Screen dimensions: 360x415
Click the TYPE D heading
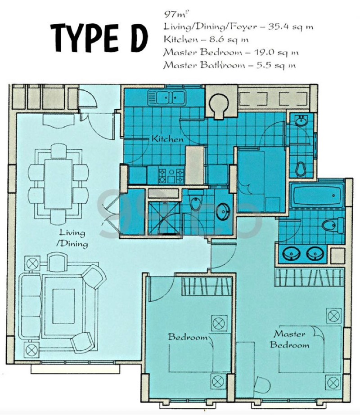click(x=99, y=38)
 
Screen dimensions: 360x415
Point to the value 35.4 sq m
click(x=291, y=27)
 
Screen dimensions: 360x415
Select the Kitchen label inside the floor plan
click(x=167, y=138)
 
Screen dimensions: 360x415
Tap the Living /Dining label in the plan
click(x=72, y=238)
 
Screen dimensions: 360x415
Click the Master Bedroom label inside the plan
click(x=289, y=339)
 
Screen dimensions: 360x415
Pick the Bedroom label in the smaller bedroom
click(x=188, y=337)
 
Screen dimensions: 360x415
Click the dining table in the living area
click(x=58, y=184)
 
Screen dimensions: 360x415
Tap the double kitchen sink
click(x=166, y=97)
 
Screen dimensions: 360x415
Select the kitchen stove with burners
click(x=171, y=176)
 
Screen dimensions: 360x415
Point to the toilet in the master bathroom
click(x=333, y=225)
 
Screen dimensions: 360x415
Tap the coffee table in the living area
click(x=63, y=306)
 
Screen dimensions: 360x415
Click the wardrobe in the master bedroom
click(x=310, y=277)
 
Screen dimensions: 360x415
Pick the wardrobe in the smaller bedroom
click(x=207, y=286)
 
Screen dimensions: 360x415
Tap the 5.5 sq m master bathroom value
click(x=276, y=65)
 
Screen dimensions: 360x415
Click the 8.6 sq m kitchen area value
click(x=229, y=40)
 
